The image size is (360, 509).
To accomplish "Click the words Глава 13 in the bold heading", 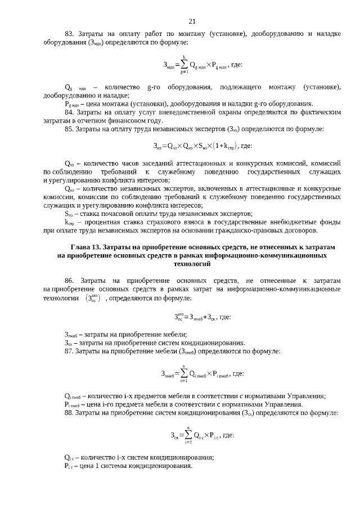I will coord(89,247).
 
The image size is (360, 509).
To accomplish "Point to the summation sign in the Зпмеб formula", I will coord(183,373).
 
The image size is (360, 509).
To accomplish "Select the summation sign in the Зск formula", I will coord(187,435).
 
